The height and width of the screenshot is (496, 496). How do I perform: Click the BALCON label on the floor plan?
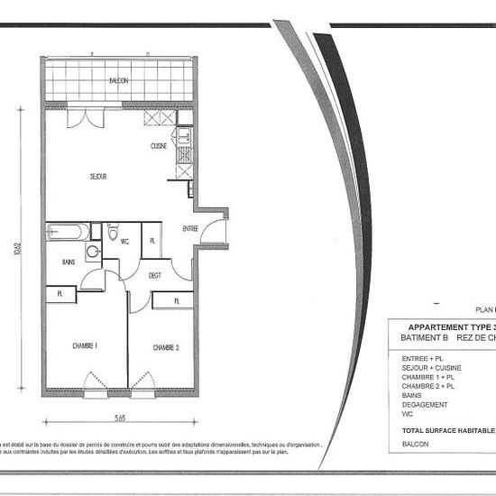118,81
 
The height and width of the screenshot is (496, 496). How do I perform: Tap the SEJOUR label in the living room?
97,177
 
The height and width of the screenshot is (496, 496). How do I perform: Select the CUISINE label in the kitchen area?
160,146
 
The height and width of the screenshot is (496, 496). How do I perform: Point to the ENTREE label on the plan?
190,228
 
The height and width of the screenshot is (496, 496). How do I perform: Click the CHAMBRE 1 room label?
84,345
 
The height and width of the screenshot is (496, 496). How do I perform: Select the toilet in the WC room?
113,234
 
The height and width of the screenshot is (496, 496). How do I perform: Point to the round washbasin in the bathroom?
93,252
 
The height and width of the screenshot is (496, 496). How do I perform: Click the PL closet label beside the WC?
152,241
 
